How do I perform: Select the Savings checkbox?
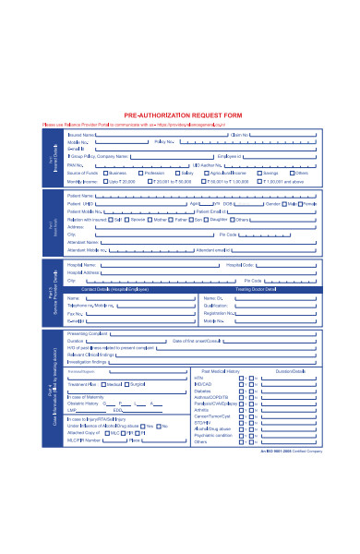pos(257,173)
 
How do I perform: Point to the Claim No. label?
pos(241,134)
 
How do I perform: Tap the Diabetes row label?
pos(202,391)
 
